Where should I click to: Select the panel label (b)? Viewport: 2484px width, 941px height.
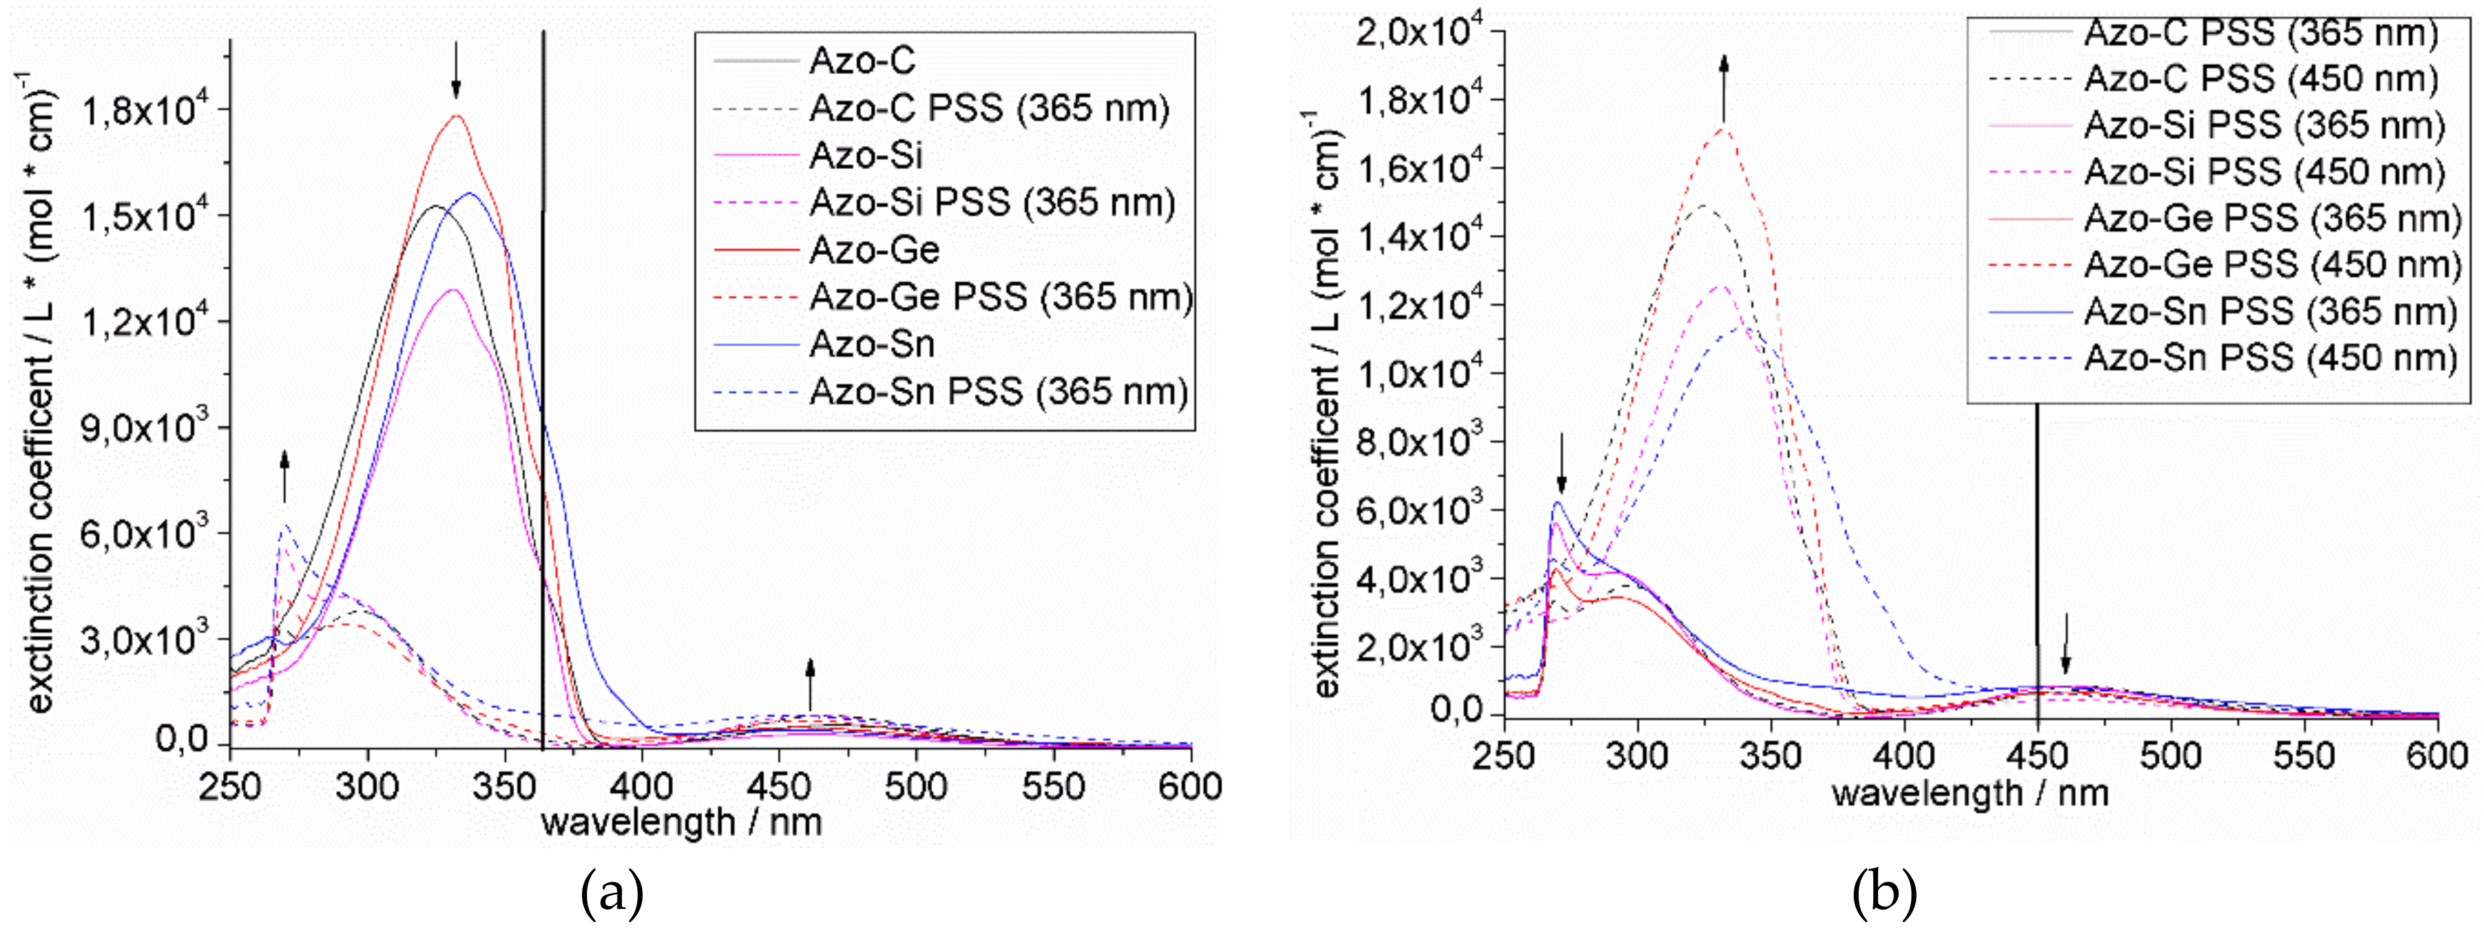point(1884,896)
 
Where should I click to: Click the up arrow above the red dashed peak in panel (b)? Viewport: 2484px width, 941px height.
point(1724,87)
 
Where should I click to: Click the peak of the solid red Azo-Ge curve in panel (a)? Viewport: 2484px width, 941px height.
point(457,116)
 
